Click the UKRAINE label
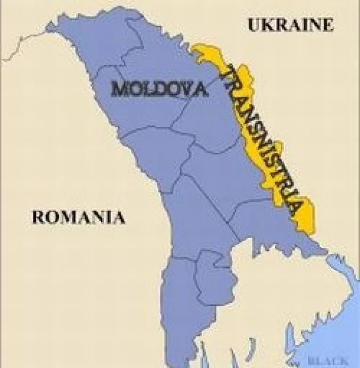290,25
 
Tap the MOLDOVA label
159,89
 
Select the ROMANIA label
79,217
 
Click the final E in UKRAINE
327,25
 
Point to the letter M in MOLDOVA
119,89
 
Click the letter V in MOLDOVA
185,89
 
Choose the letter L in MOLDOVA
147,89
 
